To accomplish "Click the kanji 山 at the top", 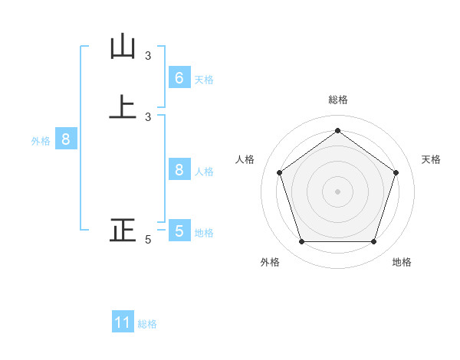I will click(123, 47).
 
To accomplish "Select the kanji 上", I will click(123, 106).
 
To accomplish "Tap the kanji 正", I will click(123, 230).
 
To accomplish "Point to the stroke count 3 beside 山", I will click(148, 55).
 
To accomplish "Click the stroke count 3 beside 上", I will click(148, 116).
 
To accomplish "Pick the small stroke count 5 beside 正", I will click(148, 240).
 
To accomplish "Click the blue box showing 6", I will click(179, 78).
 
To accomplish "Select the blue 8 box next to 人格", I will click(179, 170).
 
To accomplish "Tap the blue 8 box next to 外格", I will click(66, 139).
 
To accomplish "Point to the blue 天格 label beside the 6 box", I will click(204, 80).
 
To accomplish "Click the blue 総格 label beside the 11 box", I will click(147, 324).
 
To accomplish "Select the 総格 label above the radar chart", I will click(337, 100).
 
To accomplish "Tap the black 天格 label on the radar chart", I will click(431, 159).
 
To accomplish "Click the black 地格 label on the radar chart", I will click(402, 262).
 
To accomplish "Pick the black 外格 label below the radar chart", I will click(270, 262).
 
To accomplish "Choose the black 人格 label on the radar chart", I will click(245, 159).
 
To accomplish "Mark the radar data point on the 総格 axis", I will click(337, 130).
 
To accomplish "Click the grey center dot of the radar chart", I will click(337, 191).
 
